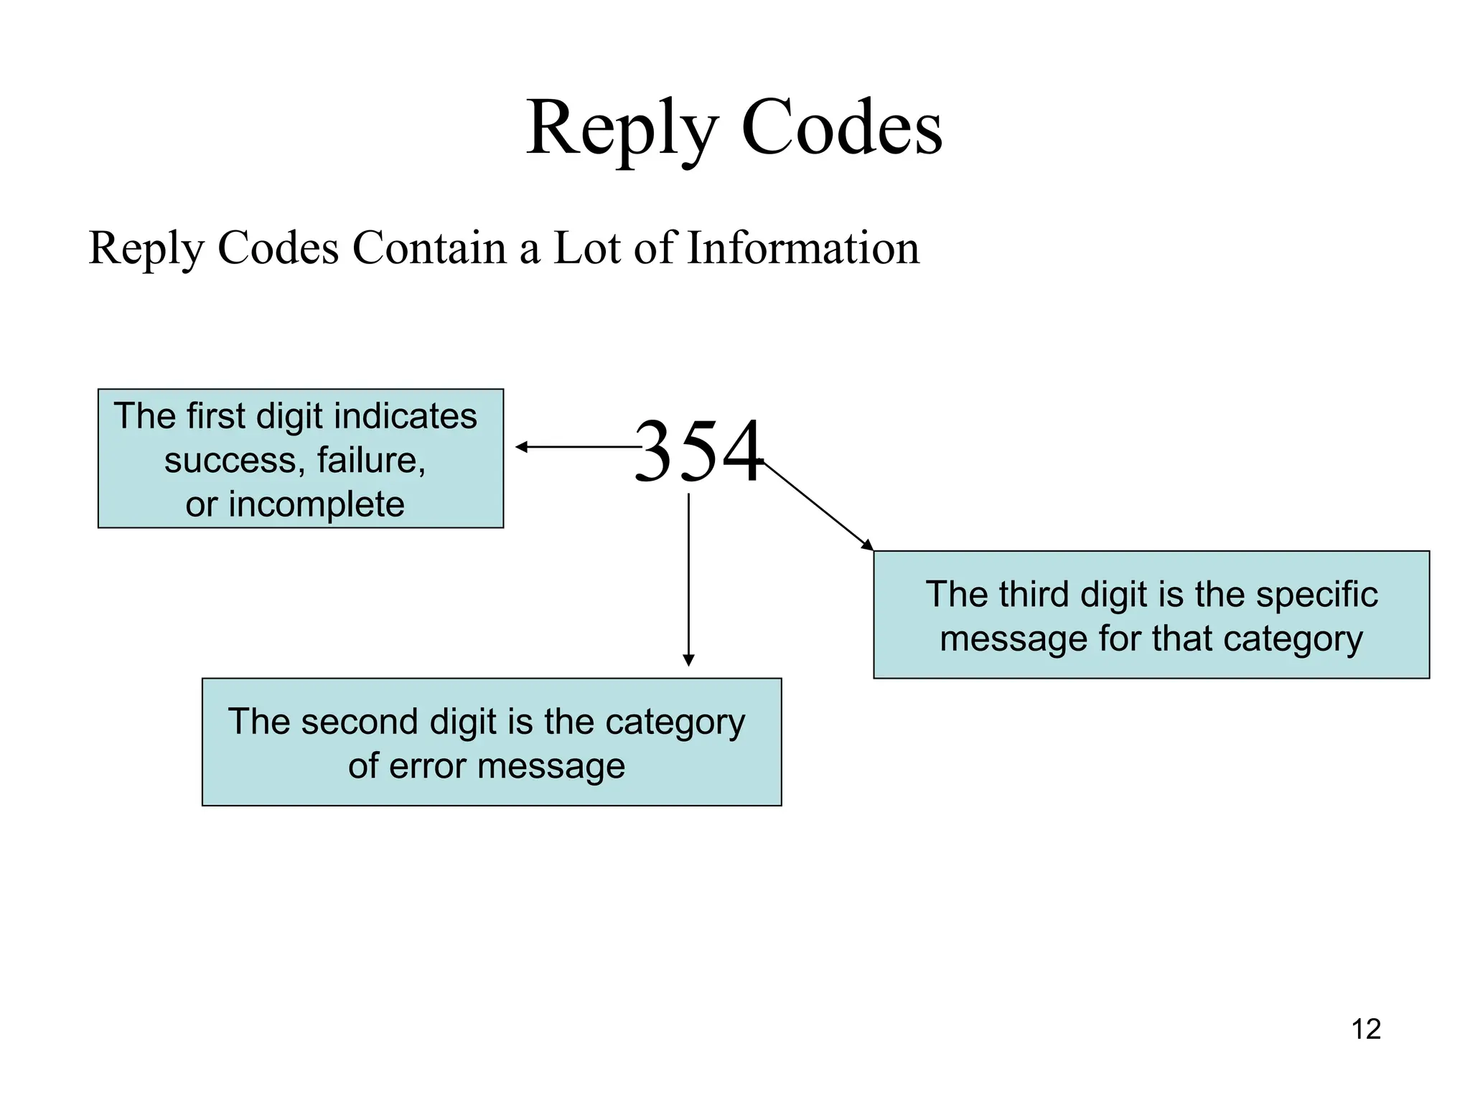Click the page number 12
(x=1366, y=1030)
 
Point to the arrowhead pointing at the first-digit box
(x=522, y=447)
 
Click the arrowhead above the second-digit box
(x=688, y=660)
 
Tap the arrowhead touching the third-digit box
(x=868, y=545)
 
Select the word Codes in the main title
(x=841, y=128)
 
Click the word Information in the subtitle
(x=803, y=248)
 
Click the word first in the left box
(x=215, y=416)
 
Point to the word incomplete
(x=317, y=504)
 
